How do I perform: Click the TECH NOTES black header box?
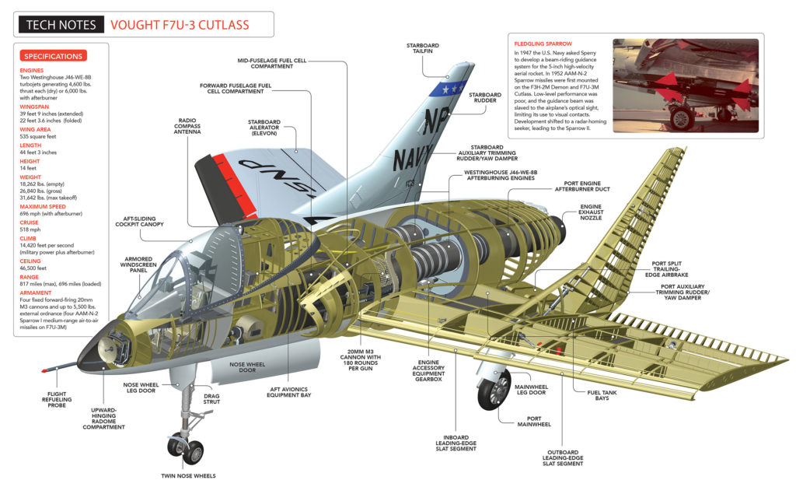click(61, 25)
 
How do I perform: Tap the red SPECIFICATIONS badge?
click(53, 56)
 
